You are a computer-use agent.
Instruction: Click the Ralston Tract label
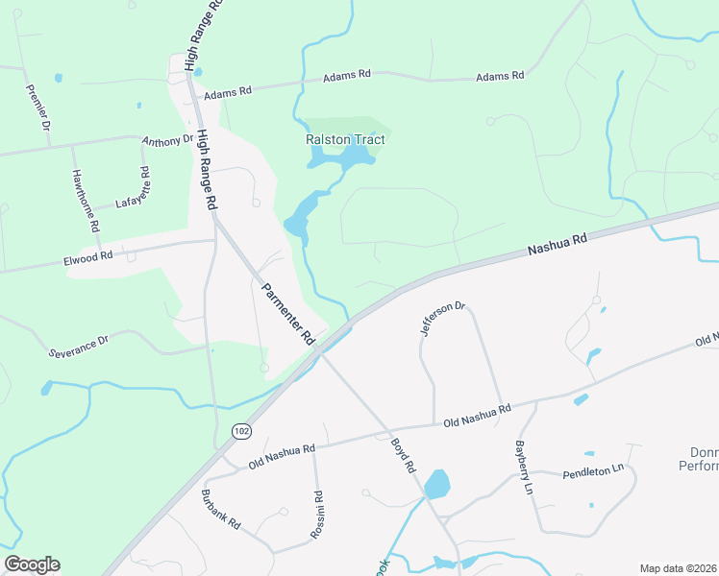(345, 140)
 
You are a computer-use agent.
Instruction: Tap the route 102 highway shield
(239, 433)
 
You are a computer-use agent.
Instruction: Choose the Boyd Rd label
(402, 455)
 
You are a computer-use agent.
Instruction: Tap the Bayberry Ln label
(523, 467)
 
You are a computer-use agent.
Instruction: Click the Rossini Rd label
(318, 515)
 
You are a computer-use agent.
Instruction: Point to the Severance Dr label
(79, 346)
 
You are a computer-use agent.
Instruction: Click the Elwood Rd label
(88, 256)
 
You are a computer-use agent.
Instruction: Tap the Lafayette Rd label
(133, 188)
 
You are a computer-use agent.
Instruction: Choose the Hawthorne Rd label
(86, 202)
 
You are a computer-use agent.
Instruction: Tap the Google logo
(32, 564)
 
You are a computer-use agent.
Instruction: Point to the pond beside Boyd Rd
(436, 484)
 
